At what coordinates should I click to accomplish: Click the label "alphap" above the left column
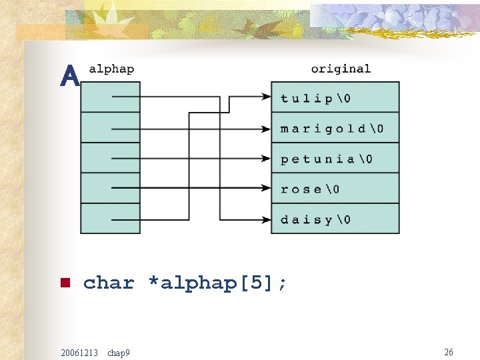[x=111, y=69]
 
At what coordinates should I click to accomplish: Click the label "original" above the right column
[x=341, y=69]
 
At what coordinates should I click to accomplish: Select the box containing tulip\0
[x=335, y=97]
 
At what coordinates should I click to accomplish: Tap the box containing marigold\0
[x=335, y=128]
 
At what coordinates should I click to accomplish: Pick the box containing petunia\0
[x=335, y=158]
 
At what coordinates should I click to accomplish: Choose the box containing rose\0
[x=335, y=189]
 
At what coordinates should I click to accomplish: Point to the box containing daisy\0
[x=335, y=219]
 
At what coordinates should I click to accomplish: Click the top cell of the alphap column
[x=110, y=97]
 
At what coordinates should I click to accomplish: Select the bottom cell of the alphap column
[x=110, y=219]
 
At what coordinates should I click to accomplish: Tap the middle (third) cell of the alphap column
[x=110, y=158]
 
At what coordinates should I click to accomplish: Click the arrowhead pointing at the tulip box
[x=266, y=97]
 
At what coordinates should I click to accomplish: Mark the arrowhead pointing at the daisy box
[x=266, y=219]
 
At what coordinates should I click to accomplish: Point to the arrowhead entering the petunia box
[x=266, y=159]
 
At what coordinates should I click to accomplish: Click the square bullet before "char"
[x=65, y=283]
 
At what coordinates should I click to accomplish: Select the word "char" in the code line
[x=109, y=283]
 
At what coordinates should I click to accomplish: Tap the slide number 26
[x=449, y=351]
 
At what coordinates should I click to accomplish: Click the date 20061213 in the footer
[x=79, y=352]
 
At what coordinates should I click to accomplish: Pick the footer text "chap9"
[x=119, y=352]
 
